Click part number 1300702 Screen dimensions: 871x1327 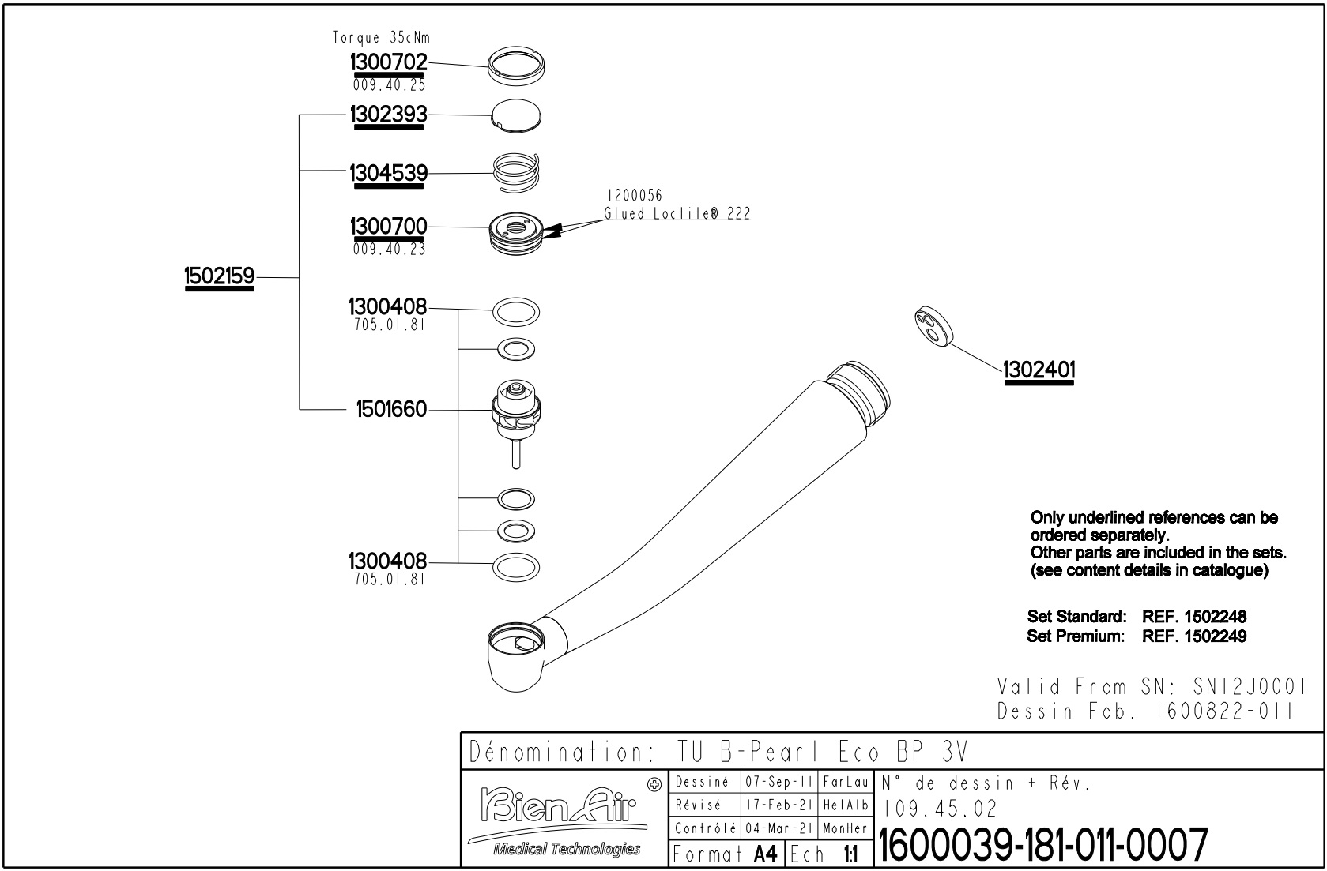(388, 62)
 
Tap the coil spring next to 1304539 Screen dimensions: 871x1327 (516, 172)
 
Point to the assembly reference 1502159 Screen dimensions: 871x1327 (219, 276)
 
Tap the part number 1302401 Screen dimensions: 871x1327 (1039, 370)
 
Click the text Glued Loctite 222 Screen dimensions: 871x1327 (677, 214)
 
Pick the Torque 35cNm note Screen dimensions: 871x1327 (381, 37)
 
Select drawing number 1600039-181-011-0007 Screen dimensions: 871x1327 (1043, 846)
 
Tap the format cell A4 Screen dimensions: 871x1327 (765, 854)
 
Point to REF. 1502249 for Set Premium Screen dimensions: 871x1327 (1193, 636)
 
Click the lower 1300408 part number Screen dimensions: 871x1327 (386, 561)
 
